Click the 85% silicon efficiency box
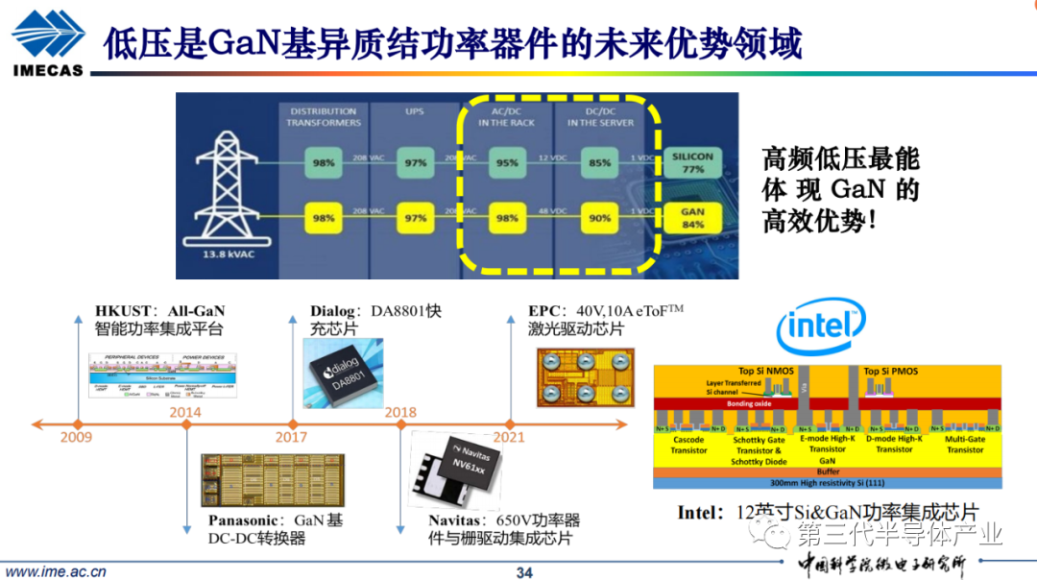point(599,162)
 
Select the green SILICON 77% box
point(692,162)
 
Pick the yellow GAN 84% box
point(692,218)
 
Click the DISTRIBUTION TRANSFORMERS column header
point(325,116)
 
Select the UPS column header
point(414,111)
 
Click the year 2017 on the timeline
point(292,438)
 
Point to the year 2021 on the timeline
point(509,438)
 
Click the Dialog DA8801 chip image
point(342,375)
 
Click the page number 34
point(524,573)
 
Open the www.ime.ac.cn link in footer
point(57,572)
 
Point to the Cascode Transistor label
point(688,445)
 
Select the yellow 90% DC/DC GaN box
point(599,218)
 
